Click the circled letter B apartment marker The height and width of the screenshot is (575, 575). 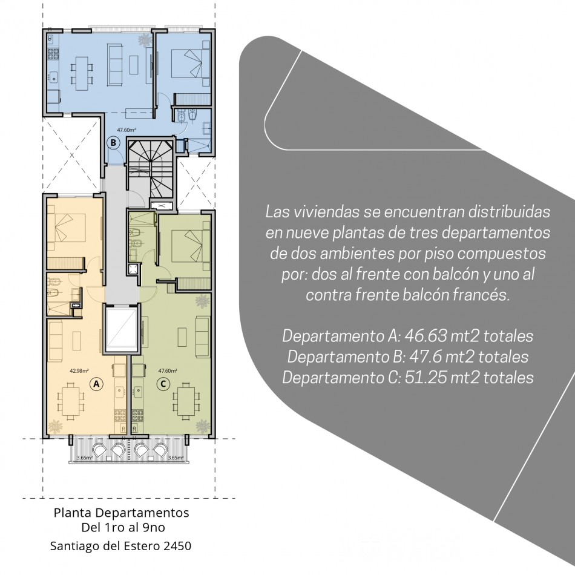click(x=113, y=142)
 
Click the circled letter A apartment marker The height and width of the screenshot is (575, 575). click(x=96, y=384)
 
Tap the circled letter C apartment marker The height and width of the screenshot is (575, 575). click(x=163, y=384)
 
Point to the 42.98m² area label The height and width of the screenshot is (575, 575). click(x=79, y=371)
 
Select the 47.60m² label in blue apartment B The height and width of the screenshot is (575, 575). click(x=126, y=130)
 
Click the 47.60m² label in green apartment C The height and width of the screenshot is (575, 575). click(x=168, y=371)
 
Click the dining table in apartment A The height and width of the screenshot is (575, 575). click(x=71, y=401)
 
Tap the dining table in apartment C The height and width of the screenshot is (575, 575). click(x=186, y=401)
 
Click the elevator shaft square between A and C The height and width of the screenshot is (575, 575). click(x=122, y=329)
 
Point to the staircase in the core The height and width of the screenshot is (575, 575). click(x=150, y=168)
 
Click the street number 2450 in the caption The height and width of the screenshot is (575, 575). click(x=178, y=546)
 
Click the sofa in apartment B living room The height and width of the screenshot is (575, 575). click(x=114, y=64)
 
